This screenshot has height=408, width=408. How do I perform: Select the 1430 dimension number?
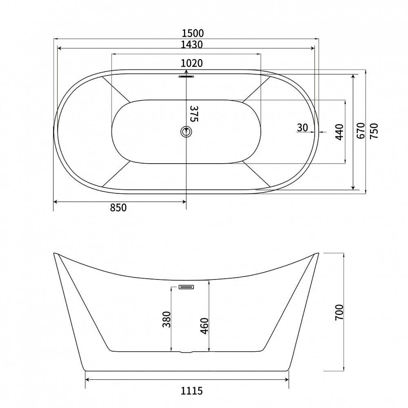192,44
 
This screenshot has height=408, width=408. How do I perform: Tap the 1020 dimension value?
192,63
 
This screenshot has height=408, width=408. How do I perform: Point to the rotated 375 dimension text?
194,113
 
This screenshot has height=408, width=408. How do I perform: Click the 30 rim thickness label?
302,127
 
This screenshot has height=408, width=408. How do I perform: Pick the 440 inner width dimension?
339,131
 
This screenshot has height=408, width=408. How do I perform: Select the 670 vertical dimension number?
360,131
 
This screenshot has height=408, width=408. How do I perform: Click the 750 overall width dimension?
374,131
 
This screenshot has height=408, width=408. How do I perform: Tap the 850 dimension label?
118,208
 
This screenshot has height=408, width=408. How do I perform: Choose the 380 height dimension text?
166,319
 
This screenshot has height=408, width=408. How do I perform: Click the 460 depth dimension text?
205,325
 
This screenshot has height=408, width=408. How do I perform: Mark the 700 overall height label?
339,312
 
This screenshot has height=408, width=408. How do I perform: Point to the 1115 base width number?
192,391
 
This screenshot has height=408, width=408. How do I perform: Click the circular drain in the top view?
186,131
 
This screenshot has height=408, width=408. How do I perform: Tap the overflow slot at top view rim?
186,75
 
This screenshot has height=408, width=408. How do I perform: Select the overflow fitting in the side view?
186,287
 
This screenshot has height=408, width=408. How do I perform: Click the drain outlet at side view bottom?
186,351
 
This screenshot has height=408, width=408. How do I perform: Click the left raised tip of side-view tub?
55,254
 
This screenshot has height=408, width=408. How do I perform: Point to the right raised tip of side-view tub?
317,254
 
